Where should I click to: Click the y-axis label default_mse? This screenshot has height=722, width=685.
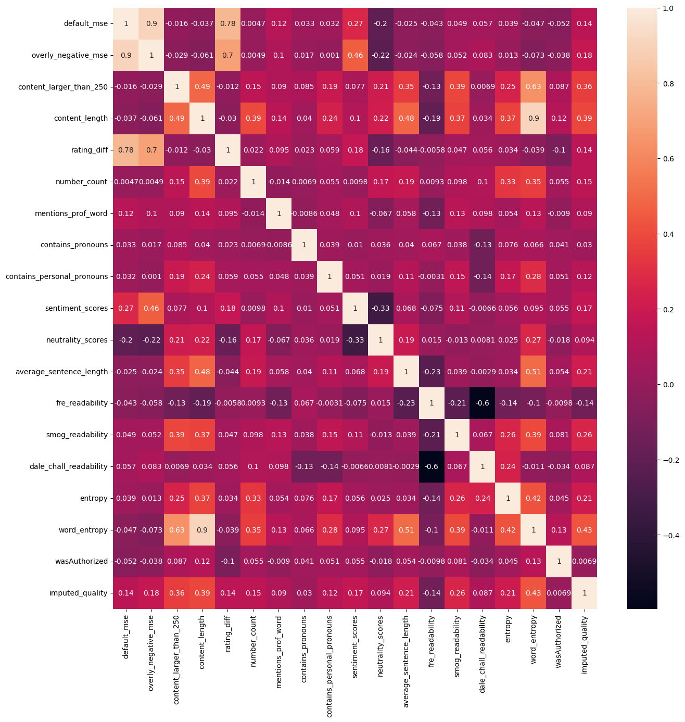tap(85, 23)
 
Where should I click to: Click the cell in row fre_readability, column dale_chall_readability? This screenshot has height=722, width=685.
tap(483, 403)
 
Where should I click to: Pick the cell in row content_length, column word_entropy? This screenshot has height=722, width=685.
tap(533, 118)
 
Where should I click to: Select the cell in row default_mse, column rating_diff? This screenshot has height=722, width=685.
tap(227, 23)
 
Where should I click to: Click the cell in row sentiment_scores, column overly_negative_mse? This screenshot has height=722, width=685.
tap(151, 308)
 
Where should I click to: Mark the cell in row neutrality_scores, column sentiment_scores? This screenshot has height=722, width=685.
tap(355, 340)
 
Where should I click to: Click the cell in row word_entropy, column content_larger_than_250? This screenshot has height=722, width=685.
tap(176, 530)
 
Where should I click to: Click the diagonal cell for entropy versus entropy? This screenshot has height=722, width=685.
tap(508, 498)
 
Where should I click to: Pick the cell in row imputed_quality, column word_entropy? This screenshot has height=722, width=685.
tap(533, 593)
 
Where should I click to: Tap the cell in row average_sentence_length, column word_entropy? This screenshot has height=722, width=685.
tap(533, 372)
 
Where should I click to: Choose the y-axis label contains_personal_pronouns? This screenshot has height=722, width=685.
tap(57, 276)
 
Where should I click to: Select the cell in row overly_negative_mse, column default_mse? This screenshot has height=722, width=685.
tap(125, 55)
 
